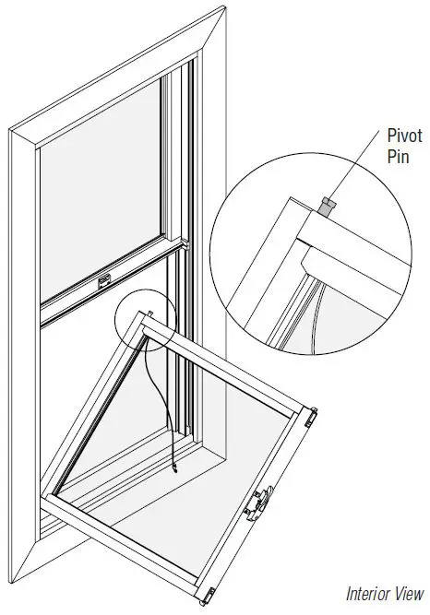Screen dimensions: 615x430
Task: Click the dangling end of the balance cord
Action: [x=173, y=471]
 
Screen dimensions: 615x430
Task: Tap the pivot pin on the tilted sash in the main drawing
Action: [x=149, y=315]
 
